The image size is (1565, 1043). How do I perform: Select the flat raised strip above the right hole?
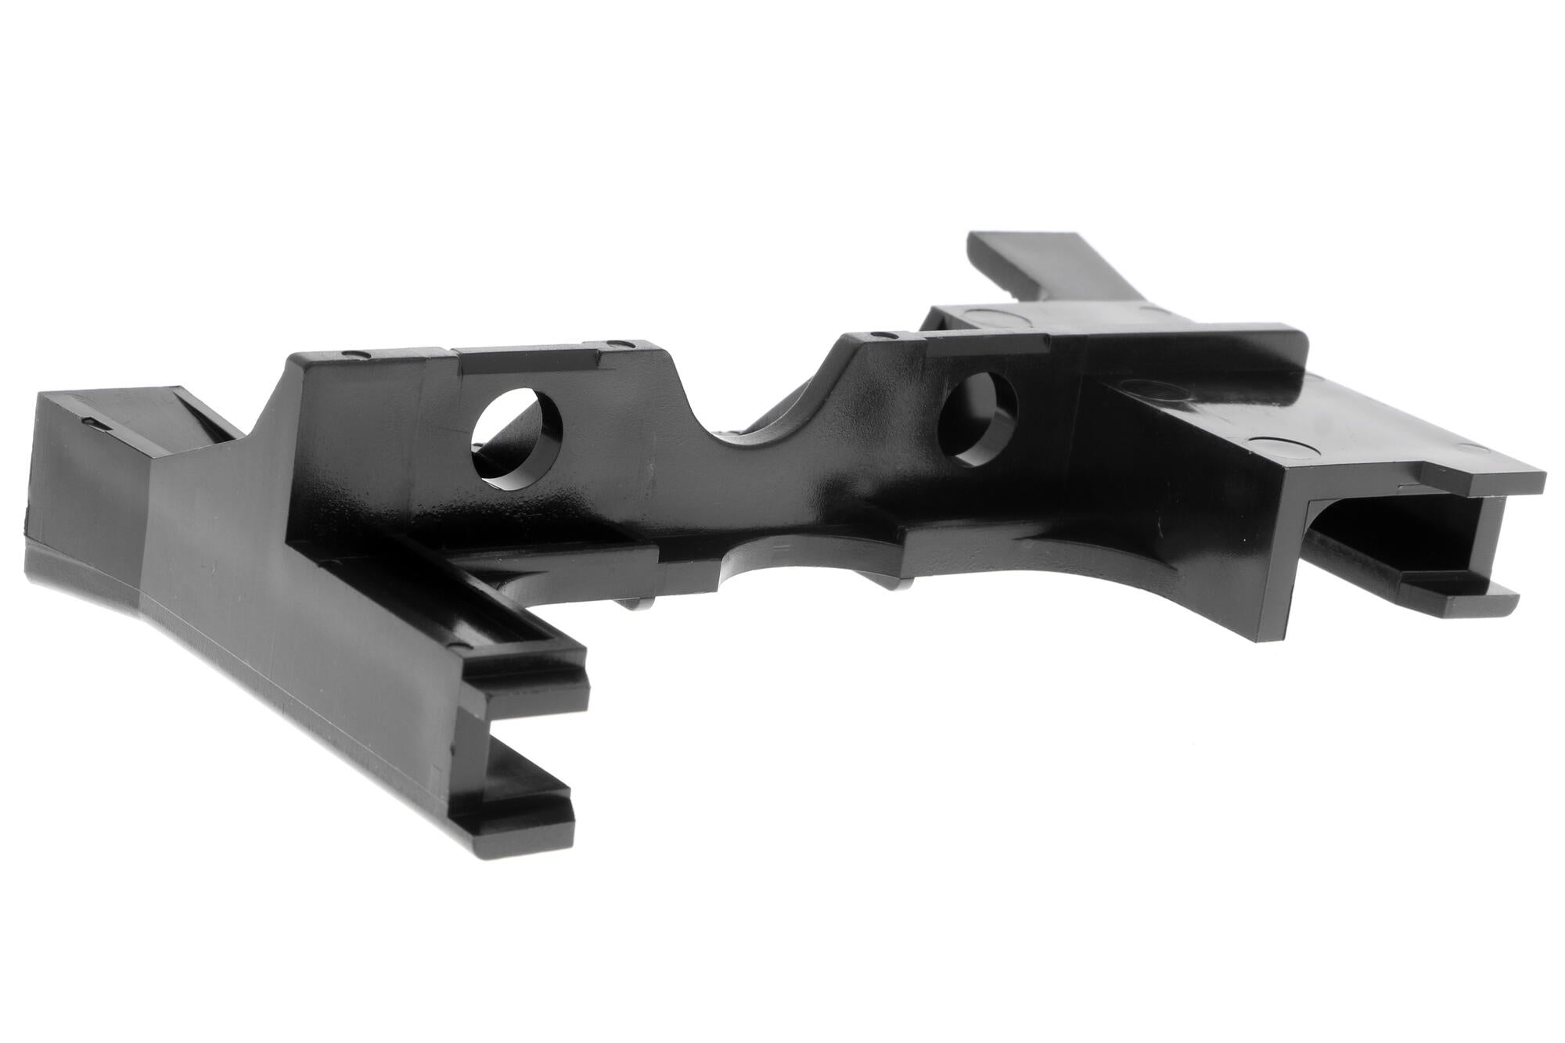(x=986, y=343)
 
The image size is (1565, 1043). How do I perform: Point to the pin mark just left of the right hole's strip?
(x=884, y=335)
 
